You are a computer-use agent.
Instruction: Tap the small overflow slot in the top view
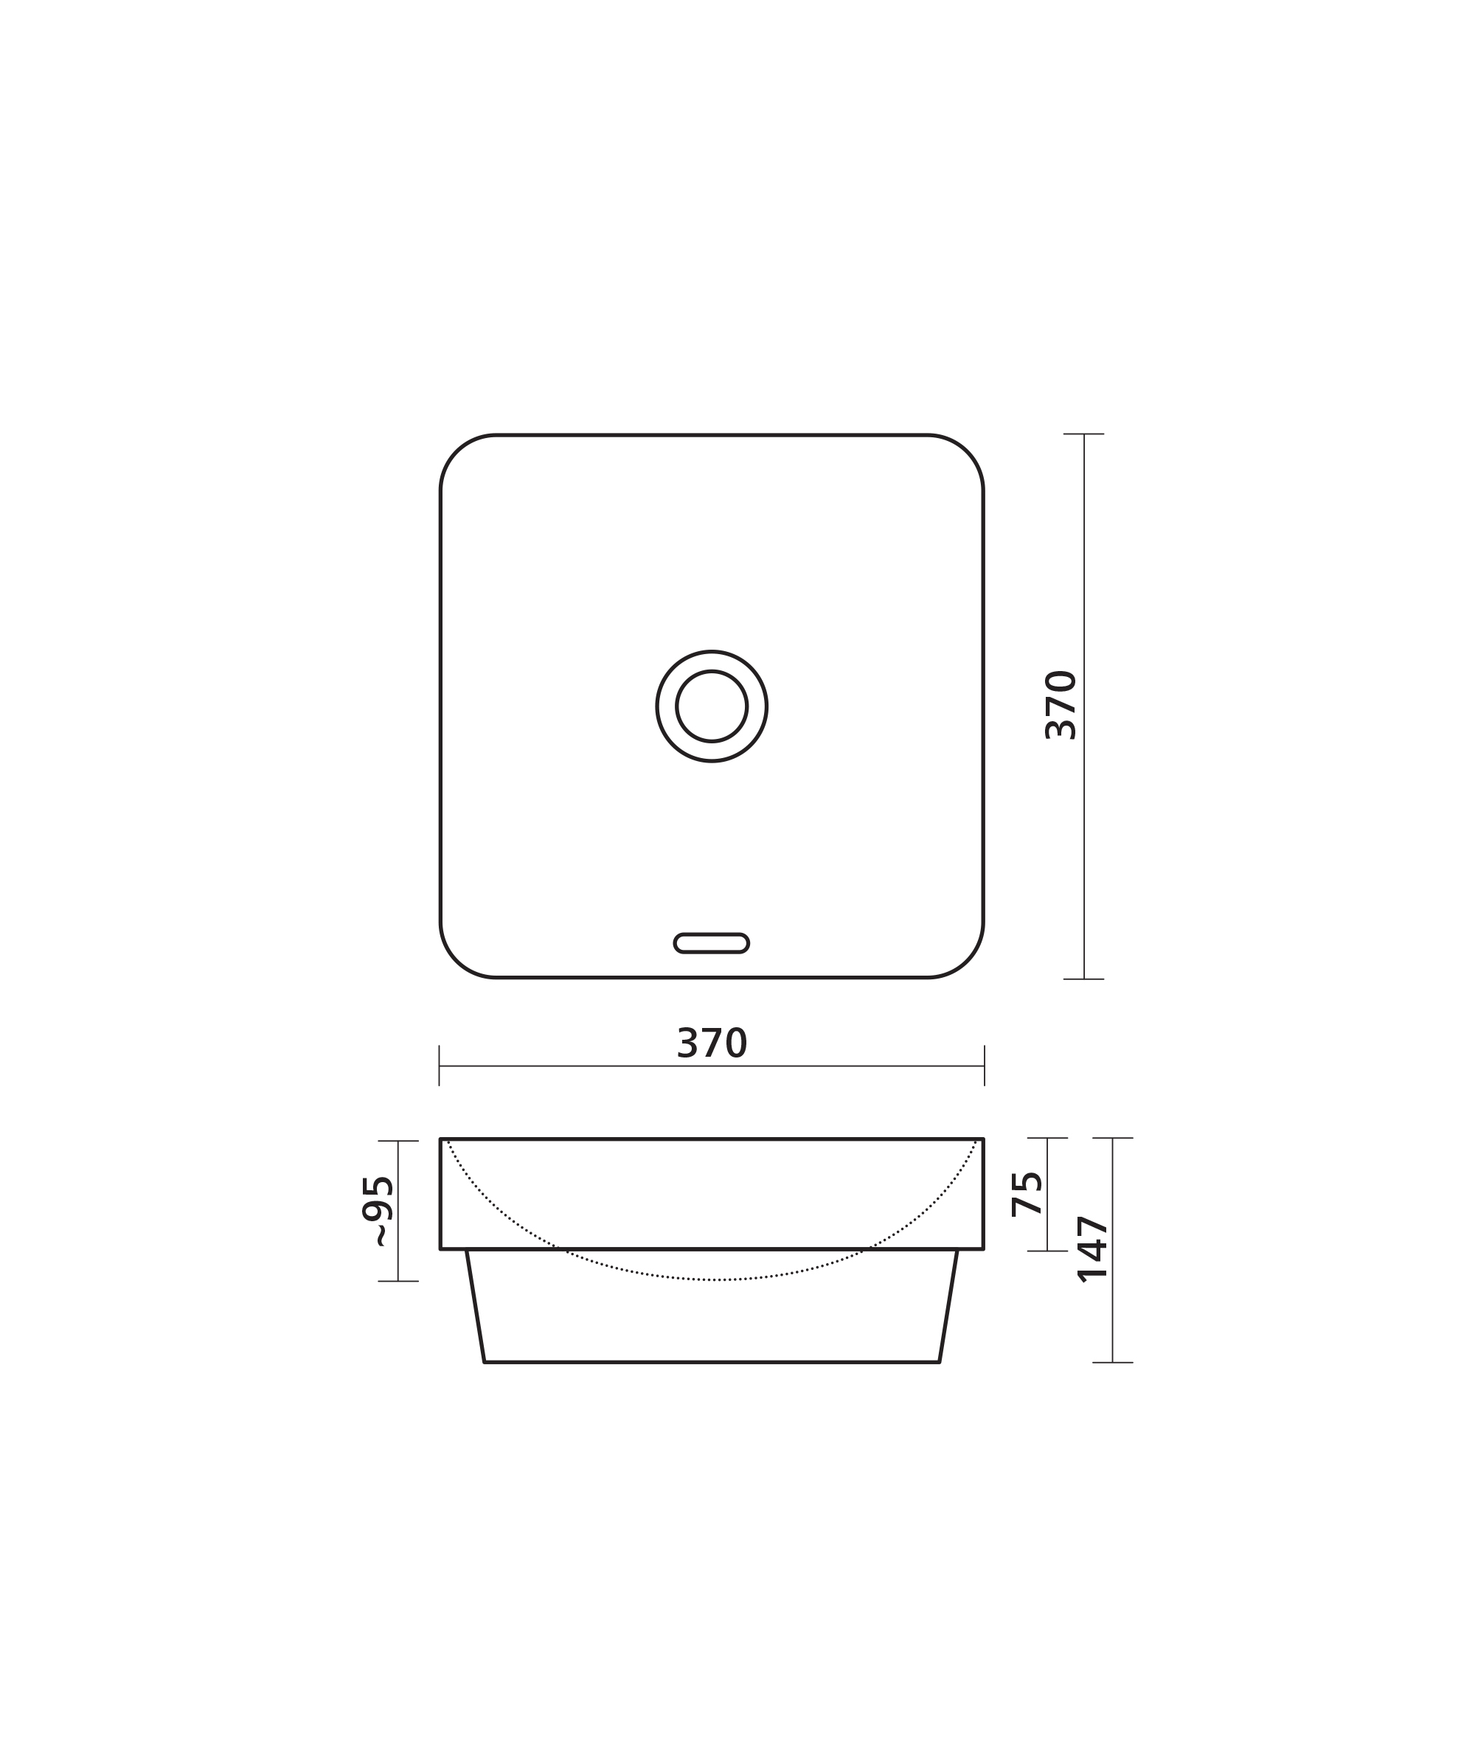711,943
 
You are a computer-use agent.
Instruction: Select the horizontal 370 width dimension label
711,1043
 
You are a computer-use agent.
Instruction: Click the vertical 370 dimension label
1061,704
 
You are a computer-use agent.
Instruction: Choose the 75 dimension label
1027,1193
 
